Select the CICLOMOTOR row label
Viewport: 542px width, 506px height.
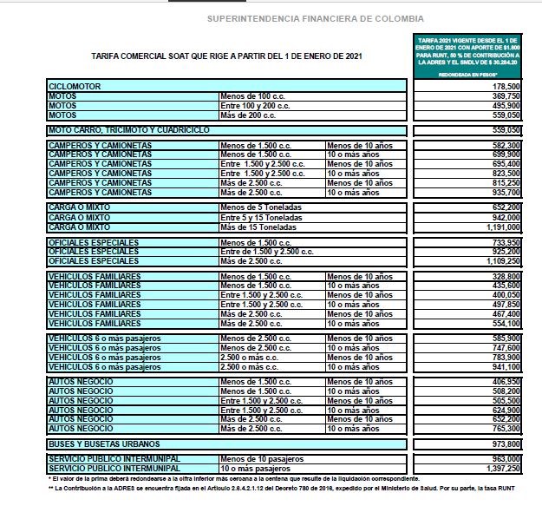(76, 87)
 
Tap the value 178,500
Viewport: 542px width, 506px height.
(506, 87)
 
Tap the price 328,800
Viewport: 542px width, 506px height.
(506, 276)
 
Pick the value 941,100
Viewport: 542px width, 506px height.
(506, 367)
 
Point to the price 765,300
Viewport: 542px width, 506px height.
(506, 429)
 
